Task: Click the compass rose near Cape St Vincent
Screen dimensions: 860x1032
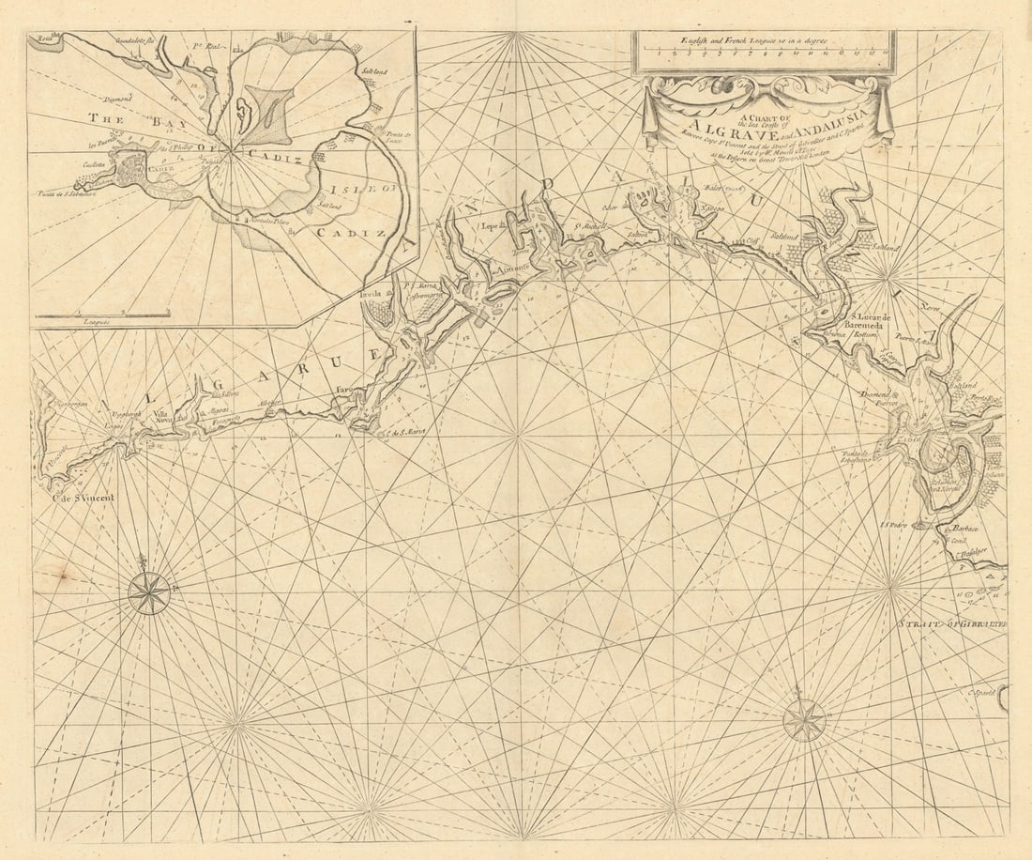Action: click(x=148, y=591)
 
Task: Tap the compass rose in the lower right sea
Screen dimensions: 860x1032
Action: click(x=804, y=720)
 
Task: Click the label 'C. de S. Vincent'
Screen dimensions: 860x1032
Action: click(x=82, y=497)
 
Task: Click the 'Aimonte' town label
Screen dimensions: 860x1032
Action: click(x=512, y=267)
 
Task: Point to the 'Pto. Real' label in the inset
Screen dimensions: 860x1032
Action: click(x=205, y=45)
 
